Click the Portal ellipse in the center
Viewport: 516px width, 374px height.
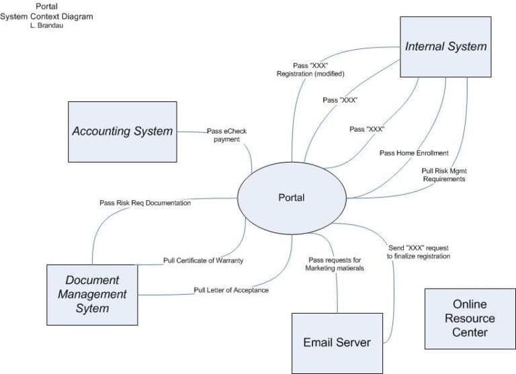click(291, 198)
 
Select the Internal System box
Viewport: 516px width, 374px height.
click(445, 47)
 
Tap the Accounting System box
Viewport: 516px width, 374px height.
click(122, 131)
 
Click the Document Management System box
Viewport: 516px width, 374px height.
click(92, 294)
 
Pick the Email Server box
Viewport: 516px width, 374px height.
click(337, 342)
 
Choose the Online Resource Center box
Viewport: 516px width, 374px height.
click(470, 318)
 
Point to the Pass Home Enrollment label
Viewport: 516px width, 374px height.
click(414, 153)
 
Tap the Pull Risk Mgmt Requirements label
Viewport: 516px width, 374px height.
click(443, 175)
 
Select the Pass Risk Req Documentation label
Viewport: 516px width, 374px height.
click(144, 202)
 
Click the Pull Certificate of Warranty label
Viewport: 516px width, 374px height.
click(203, 260)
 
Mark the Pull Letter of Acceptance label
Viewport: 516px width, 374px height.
click(230, 290)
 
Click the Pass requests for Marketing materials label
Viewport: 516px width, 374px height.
click(335, 264)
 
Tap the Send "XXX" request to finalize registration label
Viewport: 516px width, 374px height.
click(418, 252)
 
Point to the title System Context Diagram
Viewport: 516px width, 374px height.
click(46, 16)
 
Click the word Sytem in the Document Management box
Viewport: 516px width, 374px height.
click(92, 308)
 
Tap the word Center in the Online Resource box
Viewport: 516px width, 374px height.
click(470, 332)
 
